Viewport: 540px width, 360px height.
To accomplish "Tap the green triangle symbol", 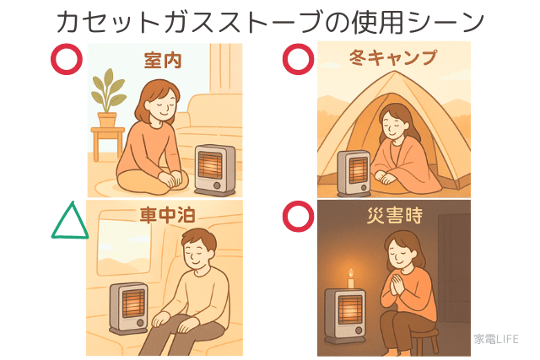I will (70, 221).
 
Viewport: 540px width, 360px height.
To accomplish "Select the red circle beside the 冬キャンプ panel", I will (297, 59).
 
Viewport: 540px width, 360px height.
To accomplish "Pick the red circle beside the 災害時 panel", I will (297, 217).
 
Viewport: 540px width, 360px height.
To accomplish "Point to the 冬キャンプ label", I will (392, 58).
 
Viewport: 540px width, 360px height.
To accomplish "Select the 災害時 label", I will (393, 218).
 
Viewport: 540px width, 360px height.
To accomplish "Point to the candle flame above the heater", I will (350, 274).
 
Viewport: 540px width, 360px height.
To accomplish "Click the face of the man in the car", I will (200, 254).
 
